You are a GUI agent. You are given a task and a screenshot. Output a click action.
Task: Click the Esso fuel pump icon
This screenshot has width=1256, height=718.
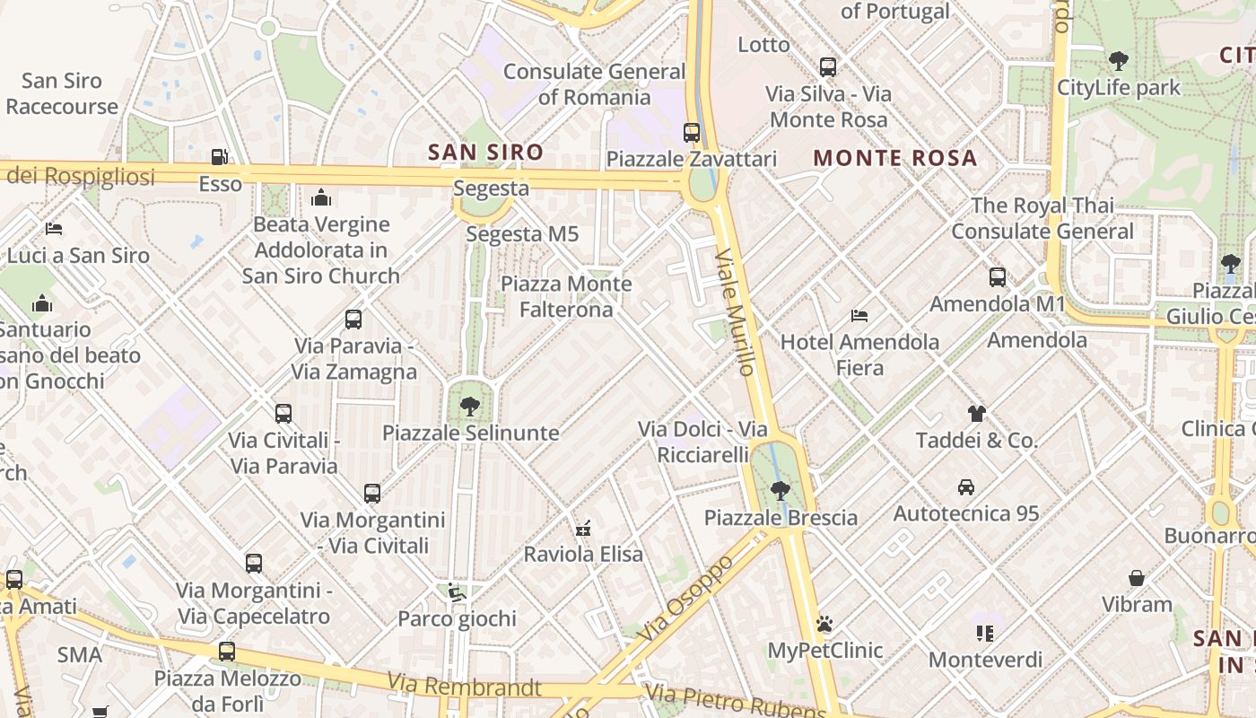[219, 157]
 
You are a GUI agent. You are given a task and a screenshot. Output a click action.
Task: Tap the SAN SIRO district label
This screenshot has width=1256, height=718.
[485, 153]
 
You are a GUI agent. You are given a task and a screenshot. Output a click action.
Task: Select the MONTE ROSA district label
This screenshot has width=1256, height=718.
[894, 158]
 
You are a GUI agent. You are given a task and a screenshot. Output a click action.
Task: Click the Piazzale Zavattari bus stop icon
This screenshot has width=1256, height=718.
[692, 133]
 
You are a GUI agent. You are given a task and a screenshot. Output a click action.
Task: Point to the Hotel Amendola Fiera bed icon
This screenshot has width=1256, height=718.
[859, 316]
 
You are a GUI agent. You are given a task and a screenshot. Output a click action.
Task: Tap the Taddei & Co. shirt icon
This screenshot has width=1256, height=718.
[976, 414]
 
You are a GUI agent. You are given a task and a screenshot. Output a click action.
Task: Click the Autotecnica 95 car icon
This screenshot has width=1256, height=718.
[966, 487]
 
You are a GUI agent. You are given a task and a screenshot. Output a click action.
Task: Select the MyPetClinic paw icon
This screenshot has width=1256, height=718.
[824, 624]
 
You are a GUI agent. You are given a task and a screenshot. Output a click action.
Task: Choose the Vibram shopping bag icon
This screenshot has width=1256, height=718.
[1137, 578]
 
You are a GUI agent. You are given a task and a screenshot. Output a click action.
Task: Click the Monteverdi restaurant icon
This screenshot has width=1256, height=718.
[985, 634]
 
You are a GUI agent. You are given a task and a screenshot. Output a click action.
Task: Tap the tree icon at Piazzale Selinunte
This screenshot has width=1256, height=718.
[469, 407]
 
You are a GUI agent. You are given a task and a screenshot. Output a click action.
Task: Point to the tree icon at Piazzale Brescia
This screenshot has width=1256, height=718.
[781, 491]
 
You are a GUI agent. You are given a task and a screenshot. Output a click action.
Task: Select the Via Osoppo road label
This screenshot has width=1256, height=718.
[689, 598]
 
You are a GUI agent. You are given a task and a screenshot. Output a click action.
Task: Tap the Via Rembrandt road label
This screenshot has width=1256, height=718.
[465, 686]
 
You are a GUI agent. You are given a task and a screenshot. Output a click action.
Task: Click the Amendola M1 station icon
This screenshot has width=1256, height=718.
[997, 277]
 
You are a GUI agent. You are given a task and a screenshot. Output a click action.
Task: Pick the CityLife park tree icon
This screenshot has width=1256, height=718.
[1118, 61]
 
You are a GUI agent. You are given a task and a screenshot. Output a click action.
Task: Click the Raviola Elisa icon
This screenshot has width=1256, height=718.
[583, 528]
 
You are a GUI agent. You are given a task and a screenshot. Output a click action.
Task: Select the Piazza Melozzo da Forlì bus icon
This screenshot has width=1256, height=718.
[227, 652]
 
